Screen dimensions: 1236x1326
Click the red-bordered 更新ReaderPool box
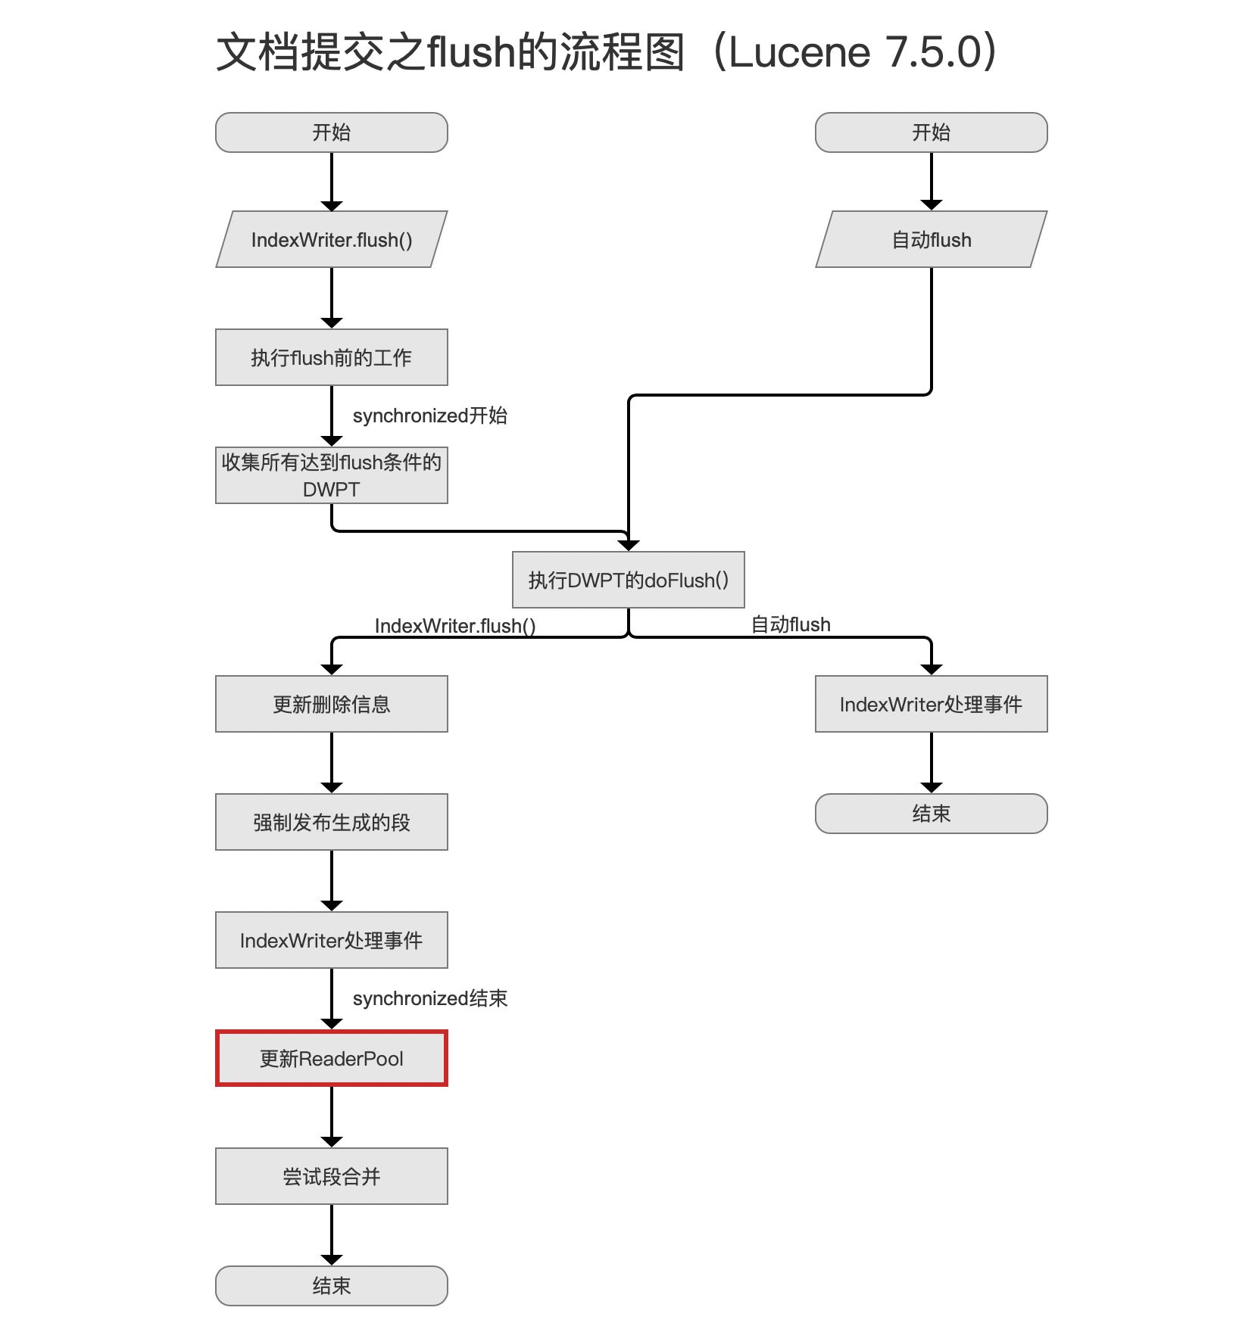332,1058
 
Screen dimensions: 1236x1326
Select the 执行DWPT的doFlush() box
629,580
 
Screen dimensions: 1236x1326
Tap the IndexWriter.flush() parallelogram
332,239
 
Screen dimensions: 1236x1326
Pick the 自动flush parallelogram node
932,239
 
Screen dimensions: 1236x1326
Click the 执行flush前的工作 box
332,357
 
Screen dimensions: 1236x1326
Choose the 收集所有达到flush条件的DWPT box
332,475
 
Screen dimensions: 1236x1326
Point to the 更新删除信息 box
332,704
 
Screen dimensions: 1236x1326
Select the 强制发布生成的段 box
332,822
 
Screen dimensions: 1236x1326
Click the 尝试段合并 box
332,1176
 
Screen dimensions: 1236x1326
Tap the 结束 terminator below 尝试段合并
332,1286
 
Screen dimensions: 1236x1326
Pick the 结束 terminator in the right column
932,814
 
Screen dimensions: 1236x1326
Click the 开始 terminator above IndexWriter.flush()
332,132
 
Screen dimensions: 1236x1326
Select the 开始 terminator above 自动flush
932,132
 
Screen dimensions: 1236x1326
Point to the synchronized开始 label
430,416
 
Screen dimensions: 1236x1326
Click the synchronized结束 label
430,998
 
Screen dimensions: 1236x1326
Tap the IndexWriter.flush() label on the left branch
455,626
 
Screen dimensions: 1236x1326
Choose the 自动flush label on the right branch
791,624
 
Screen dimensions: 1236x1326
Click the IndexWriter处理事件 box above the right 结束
932,704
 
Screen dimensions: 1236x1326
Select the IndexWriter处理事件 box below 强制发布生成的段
332,940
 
